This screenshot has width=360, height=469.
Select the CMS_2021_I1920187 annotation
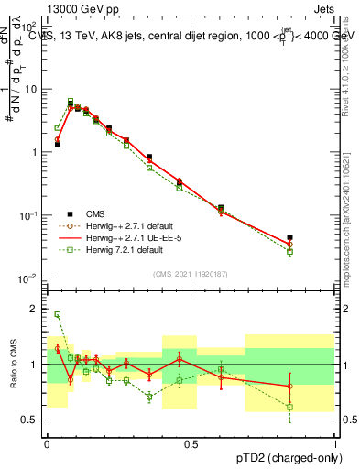191,274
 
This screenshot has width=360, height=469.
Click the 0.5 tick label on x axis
191,443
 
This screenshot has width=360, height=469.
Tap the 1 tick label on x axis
334,443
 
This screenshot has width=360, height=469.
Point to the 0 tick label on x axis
47,443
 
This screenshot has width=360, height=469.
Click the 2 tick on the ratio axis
33,309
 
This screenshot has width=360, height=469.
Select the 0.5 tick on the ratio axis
30,420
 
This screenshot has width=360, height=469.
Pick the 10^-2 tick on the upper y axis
28,278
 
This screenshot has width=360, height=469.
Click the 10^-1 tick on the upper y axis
28,214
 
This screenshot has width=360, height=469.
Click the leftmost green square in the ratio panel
57,314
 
